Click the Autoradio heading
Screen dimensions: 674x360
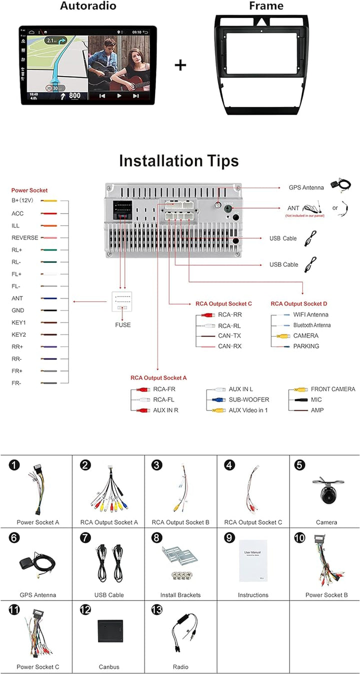(88, 6)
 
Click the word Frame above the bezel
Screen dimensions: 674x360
(266, 6)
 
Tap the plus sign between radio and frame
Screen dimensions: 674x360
(180, 65)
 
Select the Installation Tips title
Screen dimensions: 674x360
(178, 161)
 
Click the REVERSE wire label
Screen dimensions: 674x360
(24, 238)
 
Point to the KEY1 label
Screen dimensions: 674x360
(18, 322)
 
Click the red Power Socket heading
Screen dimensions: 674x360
(29, 190)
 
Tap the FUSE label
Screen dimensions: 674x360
(122, 325)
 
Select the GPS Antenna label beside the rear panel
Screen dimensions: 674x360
(306, 187)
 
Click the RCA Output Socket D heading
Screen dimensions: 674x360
(299, 303)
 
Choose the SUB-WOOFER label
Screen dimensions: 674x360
(249, 399)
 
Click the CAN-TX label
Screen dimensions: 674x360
(229, 335)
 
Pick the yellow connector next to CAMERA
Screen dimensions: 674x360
(283, 336)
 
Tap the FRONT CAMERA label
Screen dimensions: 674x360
(333, 389)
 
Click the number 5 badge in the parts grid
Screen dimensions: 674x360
(299, 465)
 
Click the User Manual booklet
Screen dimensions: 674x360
(253, 560)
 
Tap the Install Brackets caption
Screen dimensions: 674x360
(180, 595)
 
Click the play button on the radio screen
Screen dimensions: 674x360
(119, 95)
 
